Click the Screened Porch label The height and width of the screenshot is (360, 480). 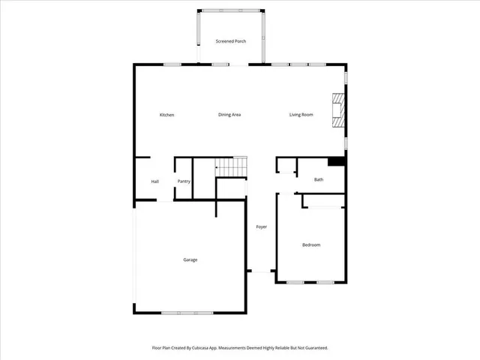[x=230, y=41]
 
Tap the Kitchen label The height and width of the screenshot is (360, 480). [x=166, y=115]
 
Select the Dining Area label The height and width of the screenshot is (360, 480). [x=229, y=115]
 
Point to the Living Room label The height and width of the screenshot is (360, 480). [x=301, y=115]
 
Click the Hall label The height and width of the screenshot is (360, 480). [x=154, y=181]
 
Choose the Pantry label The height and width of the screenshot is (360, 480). [x=184, y=181]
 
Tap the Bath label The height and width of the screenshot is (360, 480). [x=319, y=179]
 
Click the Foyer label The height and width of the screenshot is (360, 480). [x=261, y=226]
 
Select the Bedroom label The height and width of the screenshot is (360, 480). [x=311, y=245]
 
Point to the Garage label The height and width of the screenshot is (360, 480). [x=190, y=259]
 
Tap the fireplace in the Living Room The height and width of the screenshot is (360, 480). [x=339, y=111]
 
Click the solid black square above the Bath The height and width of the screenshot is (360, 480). [x=337, y=160]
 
